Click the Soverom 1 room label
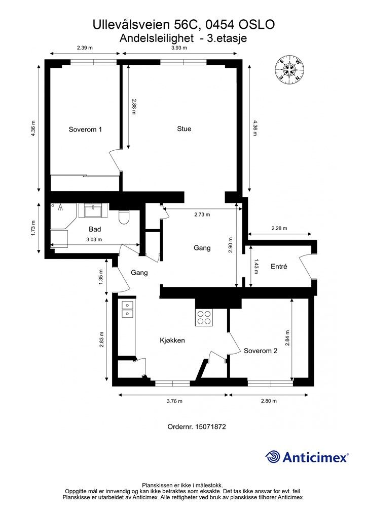pyautogui.click(x=85, y=129)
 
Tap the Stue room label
pyautogui.click(x=184, y=129)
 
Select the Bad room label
pyautogui.click(x=95, y=229)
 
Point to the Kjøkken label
pyautogui.click(x=172, y=340)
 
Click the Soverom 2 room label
pyautogui.click(x=261, y=351)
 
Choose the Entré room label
pyautogui.click(x=279, y=267)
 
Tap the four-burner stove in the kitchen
pyautogui.click(x=204, y=318)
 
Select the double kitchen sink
pyautogui.click(x=127, y=309)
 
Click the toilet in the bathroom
pyautogui.click(x=124, y=217)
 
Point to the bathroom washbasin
pyautogui.click(x=93, y=210)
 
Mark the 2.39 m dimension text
pyautogui.click(x=85, y=48)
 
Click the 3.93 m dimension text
pyautogui.click(x=179, y=48)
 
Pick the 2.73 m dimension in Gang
pyautogui.click(x=202, y=214)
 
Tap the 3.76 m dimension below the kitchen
pyautogui.click(x=174, y=401)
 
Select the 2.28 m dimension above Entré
pyautogui.click(x=279, y=228)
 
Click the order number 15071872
pyautogui.click(x=210, y=426)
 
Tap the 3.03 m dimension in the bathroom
pyautogui.click(x=94, y=239)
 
